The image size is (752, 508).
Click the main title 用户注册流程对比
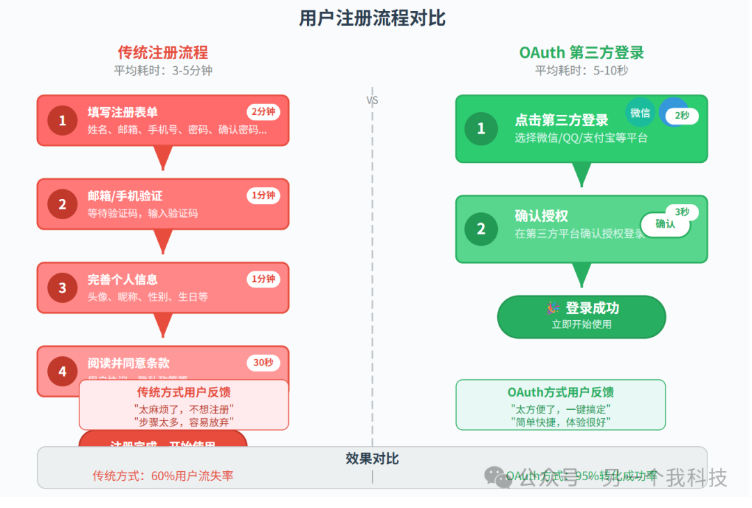[372, 19]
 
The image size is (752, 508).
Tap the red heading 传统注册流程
[162, 53]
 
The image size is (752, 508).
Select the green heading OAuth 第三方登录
[581, 53]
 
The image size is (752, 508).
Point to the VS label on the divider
[373, 100]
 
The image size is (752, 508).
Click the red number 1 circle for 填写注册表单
[62, 120]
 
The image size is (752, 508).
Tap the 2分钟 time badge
[263, 112]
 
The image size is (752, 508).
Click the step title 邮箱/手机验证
[125, 196]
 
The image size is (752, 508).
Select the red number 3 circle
[62, 287]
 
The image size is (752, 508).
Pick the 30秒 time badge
[263, 363]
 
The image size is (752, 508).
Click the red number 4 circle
[62, 371]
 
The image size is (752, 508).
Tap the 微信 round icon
[640, 112]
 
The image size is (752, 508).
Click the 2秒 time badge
[682, 116]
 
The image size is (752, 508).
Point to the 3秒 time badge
[682, 212]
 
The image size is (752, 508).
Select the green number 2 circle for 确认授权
[480, 228]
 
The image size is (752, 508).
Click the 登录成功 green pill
[581, 317]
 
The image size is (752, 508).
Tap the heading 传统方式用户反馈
[184, 392]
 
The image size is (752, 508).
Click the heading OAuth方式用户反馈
[561, 392]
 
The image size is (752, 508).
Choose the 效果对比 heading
[372, 459]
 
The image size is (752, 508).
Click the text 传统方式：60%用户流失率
[163, 476]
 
